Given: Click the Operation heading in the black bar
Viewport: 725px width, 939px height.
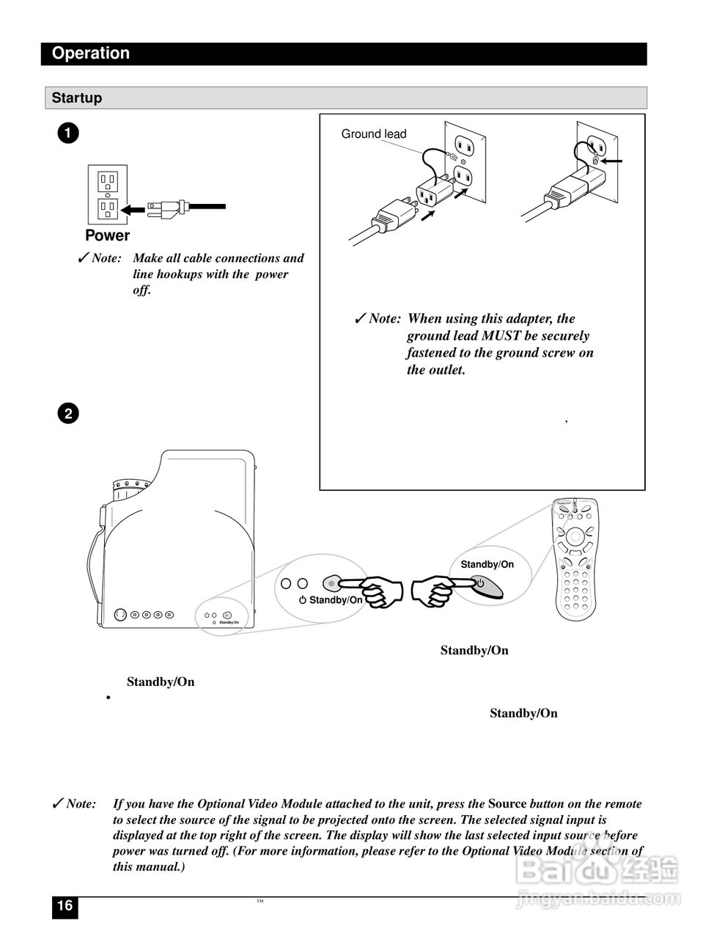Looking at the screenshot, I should point(91,54).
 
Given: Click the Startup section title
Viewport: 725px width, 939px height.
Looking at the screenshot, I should point(77,98).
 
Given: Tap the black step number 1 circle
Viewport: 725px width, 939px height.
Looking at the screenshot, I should point(67,134).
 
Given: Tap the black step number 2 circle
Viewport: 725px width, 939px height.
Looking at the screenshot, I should point(67,414).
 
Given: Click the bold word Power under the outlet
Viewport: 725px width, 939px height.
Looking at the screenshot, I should point(107,235).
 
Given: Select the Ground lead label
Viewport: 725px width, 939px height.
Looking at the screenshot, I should point(373,134).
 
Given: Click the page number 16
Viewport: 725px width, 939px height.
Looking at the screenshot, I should point(65,906).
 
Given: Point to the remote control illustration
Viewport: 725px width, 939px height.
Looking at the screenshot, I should point(576,558).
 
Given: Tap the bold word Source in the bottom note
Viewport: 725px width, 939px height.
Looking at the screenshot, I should point(507,804).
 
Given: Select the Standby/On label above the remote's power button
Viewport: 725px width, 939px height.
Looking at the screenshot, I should point(487,565).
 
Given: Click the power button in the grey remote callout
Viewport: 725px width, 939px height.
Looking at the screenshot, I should point(481,584).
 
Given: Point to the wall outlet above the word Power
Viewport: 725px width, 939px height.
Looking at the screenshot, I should point(108,195).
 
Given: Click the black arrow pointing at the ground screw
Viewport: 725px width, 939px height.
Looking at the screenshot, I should point(613,161).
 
